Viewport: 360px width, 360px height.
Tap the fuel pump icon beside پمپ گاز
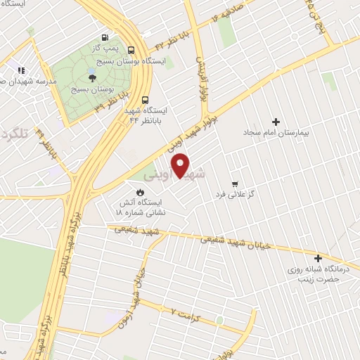[x=105, y=38]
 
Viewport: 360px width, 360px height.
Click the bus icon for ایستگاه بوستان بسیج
[x=131, y=49]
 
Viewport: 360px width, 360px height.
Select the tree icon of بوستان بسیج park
[x=93, y=77]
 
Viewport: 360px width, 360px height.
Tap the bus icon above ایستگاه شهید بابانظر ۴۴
[x=145, y=100]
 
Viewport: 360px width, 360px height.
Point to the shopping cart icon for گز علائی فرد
[x=234, y=164]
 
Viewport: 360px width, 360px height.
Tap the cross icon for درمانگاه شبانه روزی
[x=318, y=258]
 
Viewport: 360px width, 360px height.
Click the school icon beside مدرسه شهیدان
[x=20, y=70]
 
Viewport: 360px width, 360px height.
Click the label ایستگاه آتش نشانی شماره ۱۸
[x=141, y=206]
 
